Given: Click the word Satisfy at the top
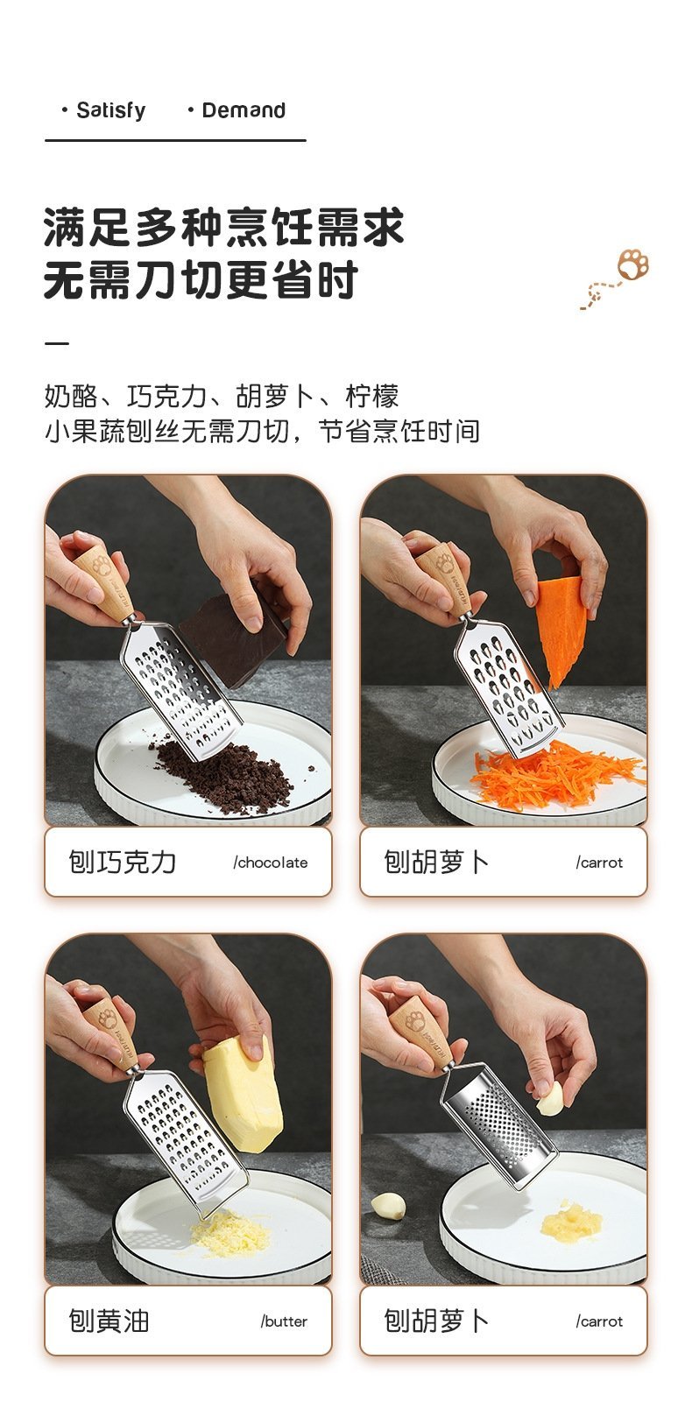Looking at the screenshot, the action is tap(110, 110).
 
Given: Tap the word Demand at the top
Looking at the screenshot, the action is tap(244, 110).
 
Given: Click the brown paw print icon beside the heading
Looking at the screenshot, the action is tap(633, 264).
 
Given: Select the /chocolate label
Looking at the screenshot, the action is tap(270, 863).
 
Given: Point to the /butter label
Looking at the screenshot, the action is tap(284, 1321).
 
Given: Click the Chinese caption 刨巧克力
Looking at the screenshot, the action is tap(122, 863).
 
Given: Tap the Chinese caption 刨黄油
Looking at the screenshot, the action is tap(109, 1321).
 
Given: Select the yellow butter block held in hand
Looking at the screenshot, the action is tap(243, 1094).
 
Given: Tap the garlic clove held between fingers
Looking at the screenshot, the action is tap(549, 1099).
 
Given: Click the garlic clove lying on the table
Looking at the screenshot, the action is tap(388, 1206).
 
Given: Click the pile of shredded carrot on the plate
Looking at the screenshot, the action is tap(556, 775).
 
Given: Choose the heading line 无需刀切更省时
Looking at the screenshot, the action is tap(201, 280).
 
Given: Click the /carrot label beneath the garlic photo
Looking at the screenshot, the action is tap(599, 1321).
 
